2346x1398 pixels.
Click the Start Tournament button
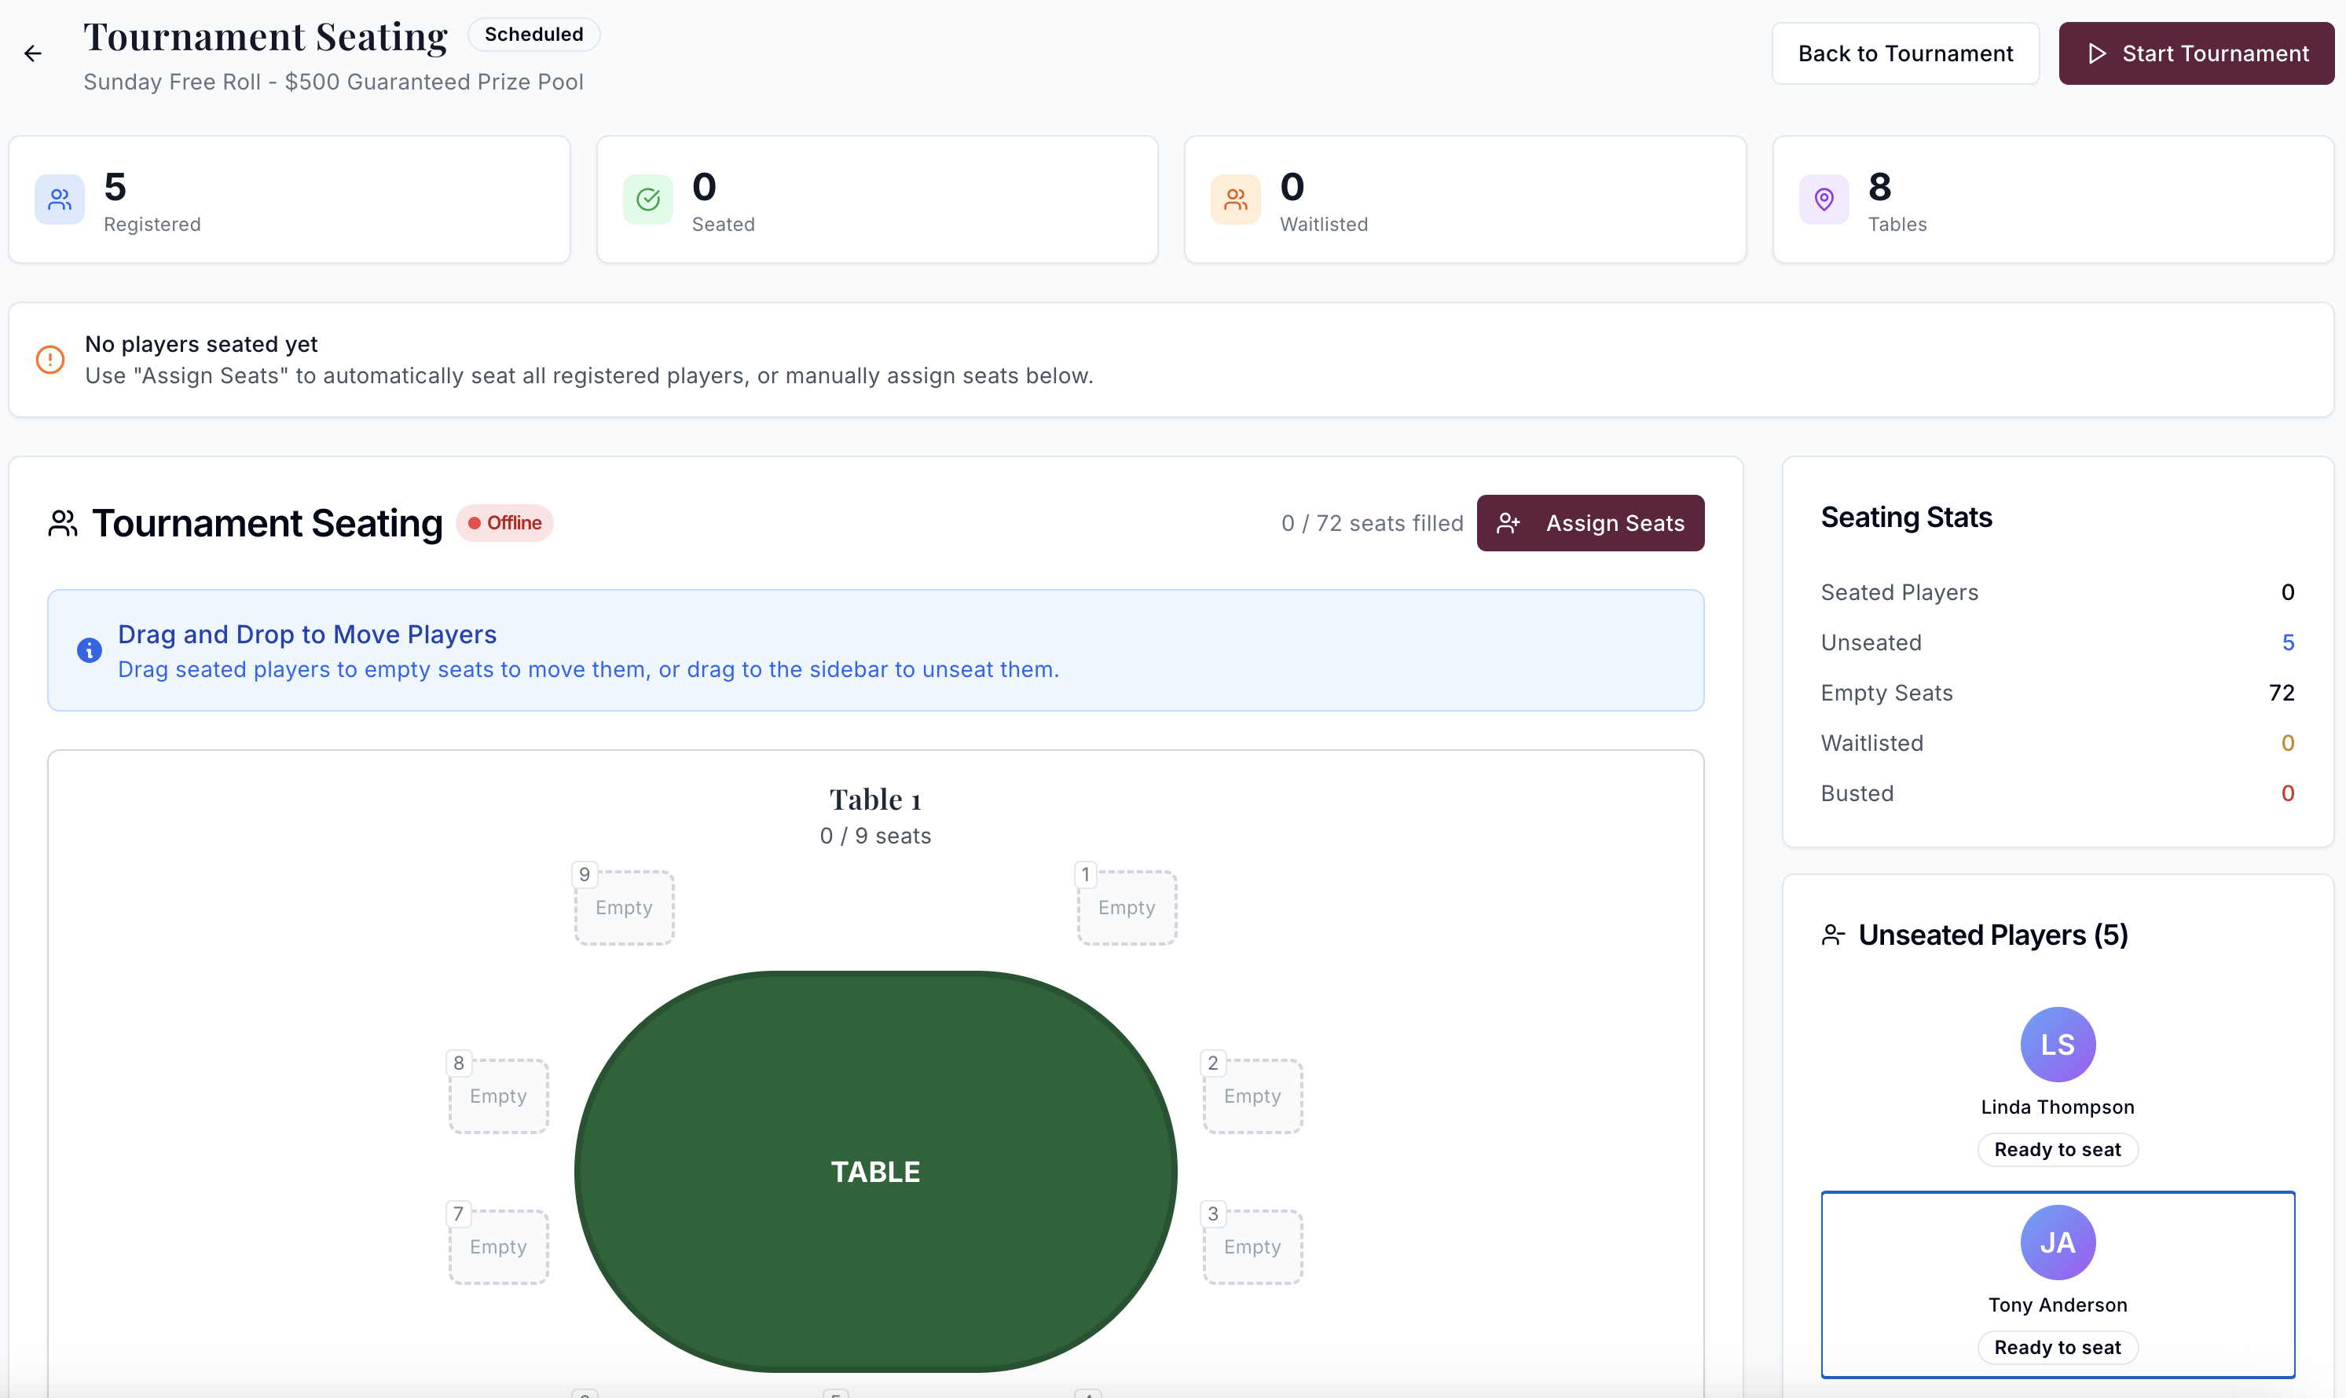pyautogui.click(x=2195, y=53)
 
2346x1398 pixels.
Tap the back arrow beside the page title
pyautogui.click(x=33, y=53)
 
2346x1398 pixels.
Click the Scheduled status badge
pyautogui.click(x=533, y=35)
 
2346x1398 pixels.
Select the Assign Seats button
pyautogui.click(x=1589, y=523)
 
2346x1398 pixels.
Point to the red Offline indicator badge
pyautogui.click(x=505, y=523)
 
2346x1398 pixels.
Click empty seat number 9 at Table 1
pyautogui.click(x=624, y=907)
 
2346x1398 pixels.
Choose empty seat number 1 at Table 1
pyautogui.click(x=1127, y=907)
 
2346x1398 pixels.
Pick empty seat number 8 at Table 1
pyautogui.click(x=498, y=1096)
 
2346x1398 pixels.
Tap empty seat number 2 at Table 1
pyautogui.click(x=1252, y=1096)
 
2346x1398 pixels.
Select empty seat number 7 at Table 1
pyautogui.click(x=498, y=1246)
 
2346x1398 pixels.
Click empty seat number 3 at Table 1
pyautogui.click(x=1252, y=1246)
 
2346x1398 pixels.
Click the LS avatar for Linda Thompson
pyautogui.click(x=2058, y=1045)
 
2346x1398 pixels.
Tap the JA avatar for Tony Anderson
pyautogui.click(x=2058, y=1242)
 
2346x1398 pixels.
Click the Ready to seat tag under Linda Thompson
pyautogui.click(x=2058, y=1149)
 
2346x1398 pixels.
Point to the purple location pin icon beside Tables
pyautogui.click(x=1824, y=199)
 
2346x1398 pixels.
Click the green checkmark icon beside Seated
pyautogui.click(x=648, y=199)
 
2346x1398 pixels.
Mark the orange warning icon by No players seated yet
pyautogui.click(x=50, y=360)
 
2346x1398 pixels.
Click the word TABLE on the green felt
pyautogui.click(x=875, y=1172)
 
